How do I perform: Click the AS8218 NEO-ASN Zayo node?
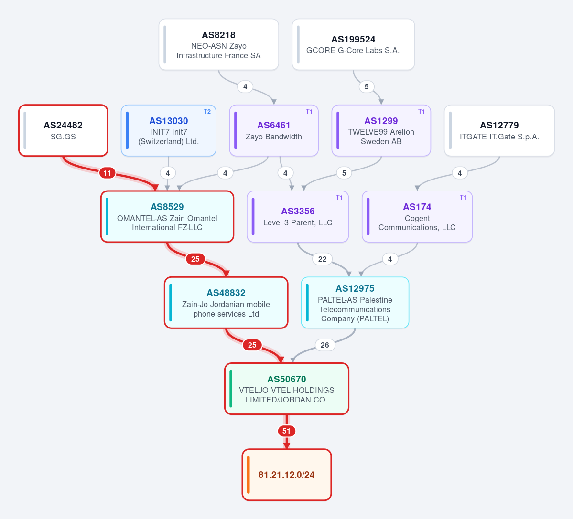point(218,44)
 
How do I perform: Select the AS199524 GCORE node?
point(353,44)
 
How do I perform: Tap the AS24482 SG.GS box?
point(63,131)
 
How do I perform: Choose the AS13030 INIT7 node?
point(169,131)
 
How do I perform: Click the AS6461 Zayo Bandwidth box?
point(274,131)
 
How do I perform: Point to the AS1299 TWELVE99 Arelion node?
point(381,131)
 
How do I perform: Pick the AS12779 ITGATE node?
point(499,131)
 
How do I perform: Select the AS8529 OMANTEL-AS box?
point(167,216)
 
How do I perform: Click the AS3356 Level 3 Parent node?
point(298,216)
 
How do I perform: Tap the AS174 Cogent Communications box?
point(417,216)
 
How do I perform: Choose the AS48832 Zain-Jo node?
point(226,303)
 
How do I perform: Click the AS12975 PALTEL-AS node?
point(355,303)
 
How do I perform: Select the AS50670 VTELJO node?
point(287,389)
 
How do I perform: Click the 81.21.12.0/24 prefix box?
point(287,475)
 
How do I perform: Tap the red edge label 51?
point(287,431)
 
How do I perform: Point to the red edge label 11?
point(107,173)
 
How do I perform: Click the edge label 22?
point(322,259)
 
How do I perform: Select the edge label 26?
point(325,345)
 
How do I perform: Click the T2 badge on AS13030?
point(207,112)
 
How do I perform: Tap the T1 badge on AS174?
point(463,198)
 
